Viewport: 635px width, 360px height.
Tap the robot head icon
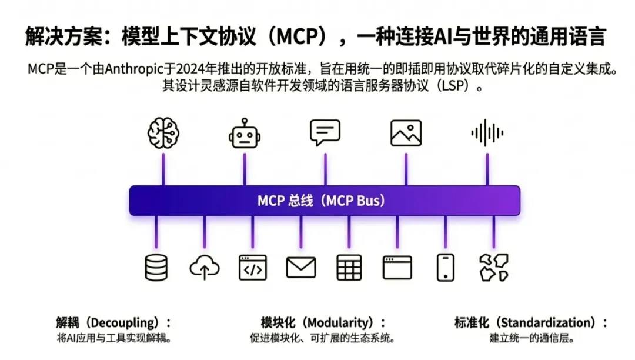pos(245,133)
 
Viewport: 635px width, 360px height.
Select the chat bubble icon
pos(325,133)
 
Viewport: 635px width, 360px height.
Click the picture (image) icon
pos(406,133)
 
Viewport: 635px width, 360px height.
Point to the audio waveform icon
pos(487,133)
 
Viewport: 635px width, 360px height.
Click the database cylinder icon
pos(156,268)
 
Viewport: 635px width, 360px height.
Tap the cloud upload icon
pos(205,268)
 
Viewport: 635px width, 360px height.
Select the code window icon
pos(253,268)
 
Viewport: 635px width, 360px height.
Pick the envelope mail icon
pos(301,268)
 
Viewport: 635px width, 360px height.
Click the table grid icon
pos(349,268)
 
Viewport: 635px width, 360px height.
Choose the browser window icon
pos(397,268)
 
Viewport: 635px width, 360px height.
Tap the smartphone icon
pos(446,268)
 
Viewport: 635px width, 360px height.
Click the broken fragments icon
pos(494,268)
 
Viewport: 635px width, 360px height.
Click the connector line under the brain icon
pos(163,171)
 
